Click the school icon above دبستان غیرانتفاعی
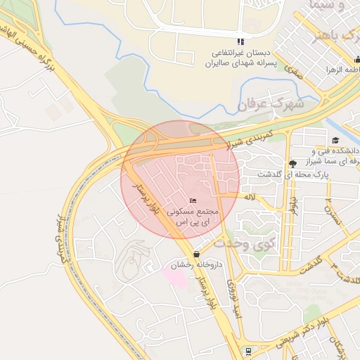(240, 41)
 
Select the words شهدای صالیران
(236, 63)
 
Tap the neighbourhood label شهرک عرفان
(269, 104)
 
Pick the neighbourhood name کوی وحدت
(243, 244)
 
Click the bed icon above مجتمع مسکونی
(193, 202)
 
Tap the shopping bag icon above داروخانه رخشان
(195, 254)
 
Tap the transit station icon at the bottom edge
(247, 349)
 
